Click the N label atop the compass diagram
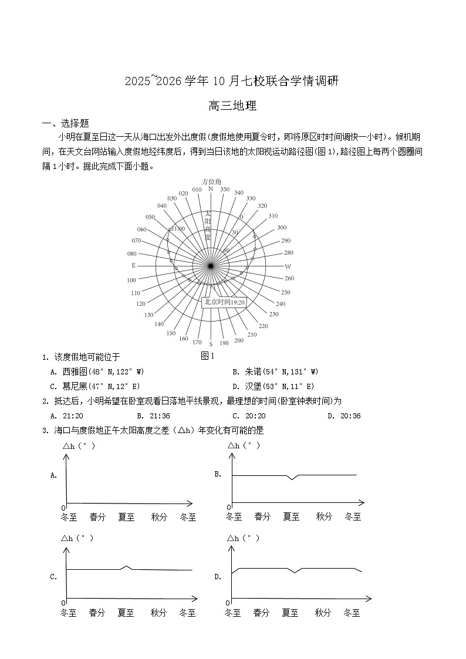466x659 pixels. (x=210, y=189)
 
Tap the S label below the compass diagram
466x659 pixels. (x=211, y=344)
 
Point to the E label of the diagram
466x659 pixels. (x=134, y=266)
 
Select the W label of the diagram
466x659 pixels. (x=288, y=266)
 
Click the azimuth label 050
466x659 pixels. (x=150, y=217)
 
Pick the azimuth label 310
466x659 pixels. (x=272, y=216)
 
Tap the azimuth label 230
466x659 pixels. (x=273, y=314)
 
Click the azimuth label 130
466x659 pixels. (x=149, y=315)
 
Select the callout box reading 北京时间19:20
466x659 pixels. (x=223, y=302)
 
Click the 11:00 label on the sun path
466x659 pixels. (x=178, y=229)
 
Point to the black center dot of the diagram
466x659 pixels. (x=211, y=266)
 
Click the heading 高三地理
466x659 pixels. (x=233, y=106)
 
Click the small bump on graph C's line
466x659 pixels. (x=126, y=567)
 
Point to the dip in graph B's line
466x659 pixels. (x=292, y=478)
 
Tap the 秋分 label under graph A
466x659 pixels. (x=159, y=518)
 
